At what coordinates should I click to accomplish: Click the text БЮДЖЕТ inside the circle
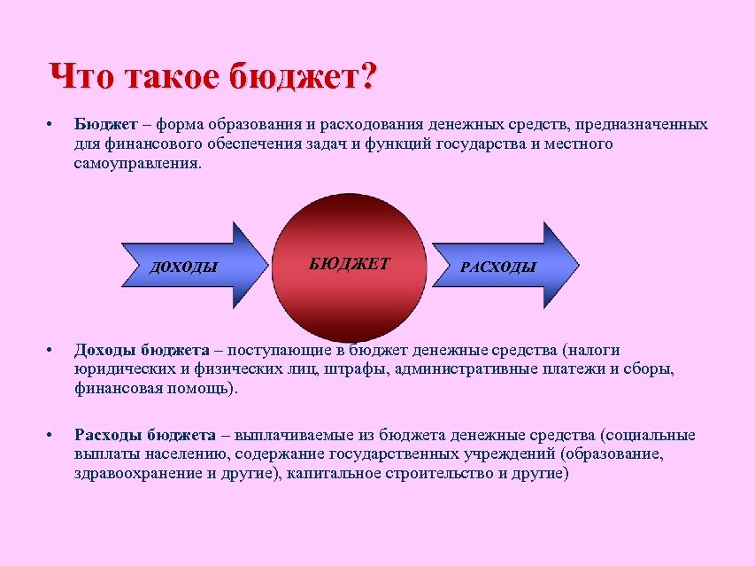tap(350, 263)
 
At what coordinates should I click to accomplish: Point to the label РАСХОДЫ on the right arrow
tap(498, 267)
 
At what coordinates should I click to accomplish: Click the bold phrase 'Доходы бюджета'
tap(142, 351)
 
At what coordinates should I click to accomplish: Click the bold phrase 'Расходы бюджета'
tap(145, 435)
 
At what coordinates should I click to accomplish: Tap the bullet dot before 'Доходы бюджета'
tap(52, 351)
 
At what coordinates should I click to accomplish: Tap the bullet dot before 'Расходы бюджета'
tap(52, 435)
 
